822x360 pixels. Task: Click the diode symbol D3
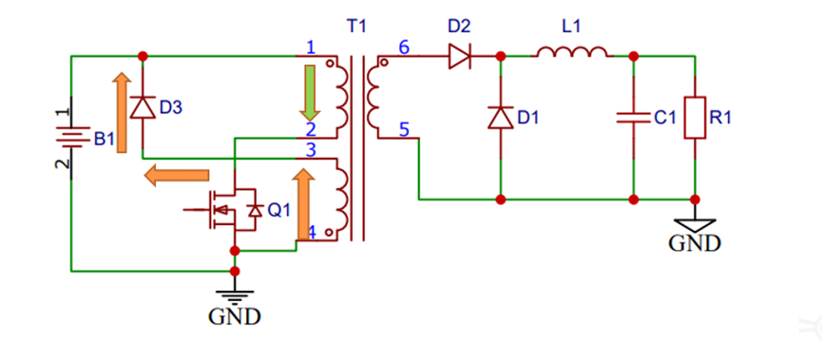click(x=142, y=107)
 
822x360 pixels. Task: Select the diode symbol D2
click(x=460, y=56)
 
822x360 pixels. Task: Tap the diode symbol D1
click(x=501, y=117)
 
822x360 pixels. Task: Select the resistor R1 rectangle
click(x=697, y=117)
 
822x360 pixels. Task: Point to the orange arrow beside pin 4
click(x=304, y=203)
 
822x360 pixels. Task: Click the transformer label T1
click(x=356, y=28)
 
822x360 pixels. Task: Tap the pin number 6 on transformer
click(x=403, y=47)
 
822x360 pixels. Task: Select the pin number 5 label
click(x=404, y=131)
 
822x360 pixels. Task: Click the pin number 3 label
click(x=310, y=149)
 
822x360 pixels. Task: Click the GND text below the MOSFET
click(x=234, y=315)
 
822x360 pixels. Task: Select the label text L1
click(x=571, y=28)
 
